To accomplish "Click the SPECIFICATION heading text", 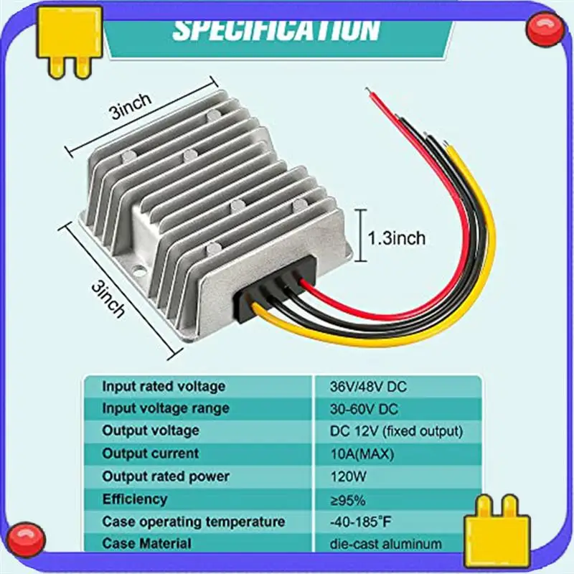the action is [276, 29].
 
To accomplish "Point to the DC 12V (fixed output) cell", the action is [396, 431].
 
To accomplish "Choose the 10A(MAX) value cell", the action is [357, 453].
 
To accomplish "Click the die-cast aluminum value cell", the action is [386, 544].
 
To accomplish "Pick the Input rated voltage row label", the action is [164, 386].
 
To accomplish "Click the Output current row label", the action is [151, 453].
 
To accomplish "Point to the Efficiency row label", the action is [134, 499].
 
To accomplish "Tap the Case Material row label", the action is [147, 544].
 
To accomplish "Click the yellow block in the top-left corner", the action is [70, 40].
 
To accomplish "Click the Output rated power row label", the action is [166, 476].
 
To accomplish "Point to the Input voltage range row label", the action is [166, 408].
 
